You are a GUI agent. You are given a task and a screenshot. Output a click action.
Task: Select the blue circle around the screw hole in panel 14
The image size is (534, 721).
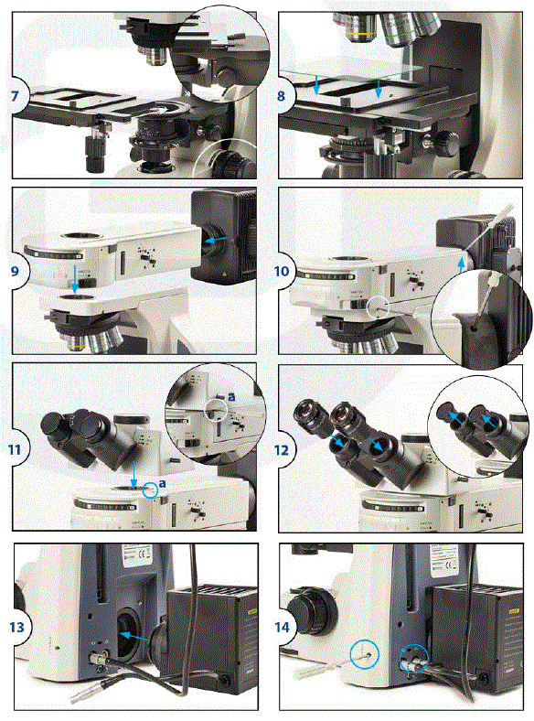(362, 653)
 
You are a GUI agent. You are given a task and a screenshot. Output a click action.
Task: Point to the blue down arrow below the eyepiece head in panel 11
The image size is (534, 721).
(134, 473)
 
